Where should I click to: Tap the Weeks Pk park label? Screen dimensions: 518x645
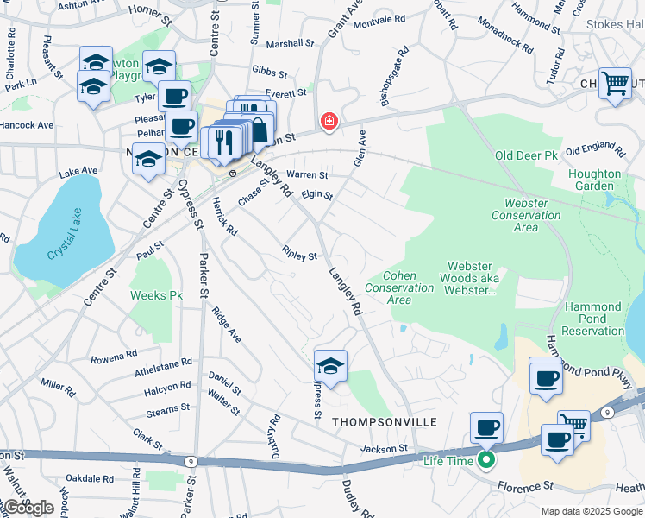pos(156,295)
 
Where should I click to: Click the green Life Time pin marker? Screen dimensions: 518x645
pos(486,460)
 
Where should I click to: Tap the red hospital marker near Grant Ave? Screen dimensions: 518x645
pos(329,122)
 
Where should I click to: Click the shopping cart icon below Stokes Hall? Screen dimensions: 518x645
pos(615,85)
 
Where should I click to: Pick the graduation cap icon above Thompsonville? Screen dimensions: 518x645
pos(330,365)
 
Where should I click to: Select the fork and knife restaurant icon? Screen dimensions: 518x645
pos(222,142)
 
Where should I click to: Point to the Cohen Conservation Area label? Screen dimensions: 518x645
pos(398,288)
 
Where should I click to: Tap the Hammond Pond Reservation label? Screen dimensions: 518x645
pos(593,319)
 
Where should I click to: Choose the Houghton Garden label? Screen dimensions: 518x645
pos(594,180)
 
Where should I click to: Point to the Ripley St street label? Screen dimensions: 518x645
pos(300,255)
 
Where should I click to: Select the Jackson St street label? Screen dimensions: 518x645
pos(383,449)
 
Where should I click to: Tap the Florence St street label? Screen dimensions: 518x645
pos(523,487)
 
